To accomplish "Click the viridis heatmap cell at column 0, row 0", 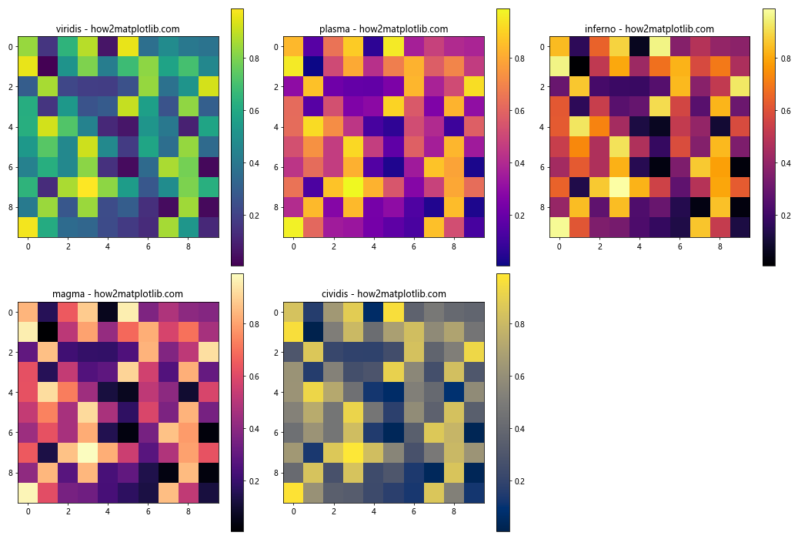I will click(x=28, y=46).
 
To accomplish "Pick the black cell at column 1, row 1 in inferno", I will click(x=579, y=66).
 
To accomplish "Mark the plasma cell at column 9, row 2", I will click(x=474, y=86).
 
